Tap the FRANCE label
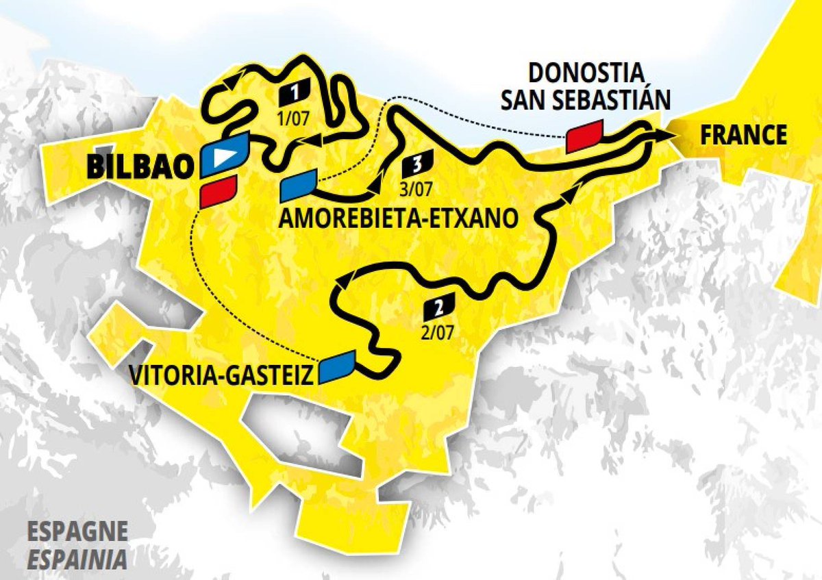[x=743, y=135]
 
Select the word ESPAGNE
[x=77, y=531]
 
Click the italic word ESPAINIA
[x=77, y=559]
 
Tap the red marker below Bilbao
[x=219, y=191]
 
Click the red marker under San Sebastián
[x=584, y=136]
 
